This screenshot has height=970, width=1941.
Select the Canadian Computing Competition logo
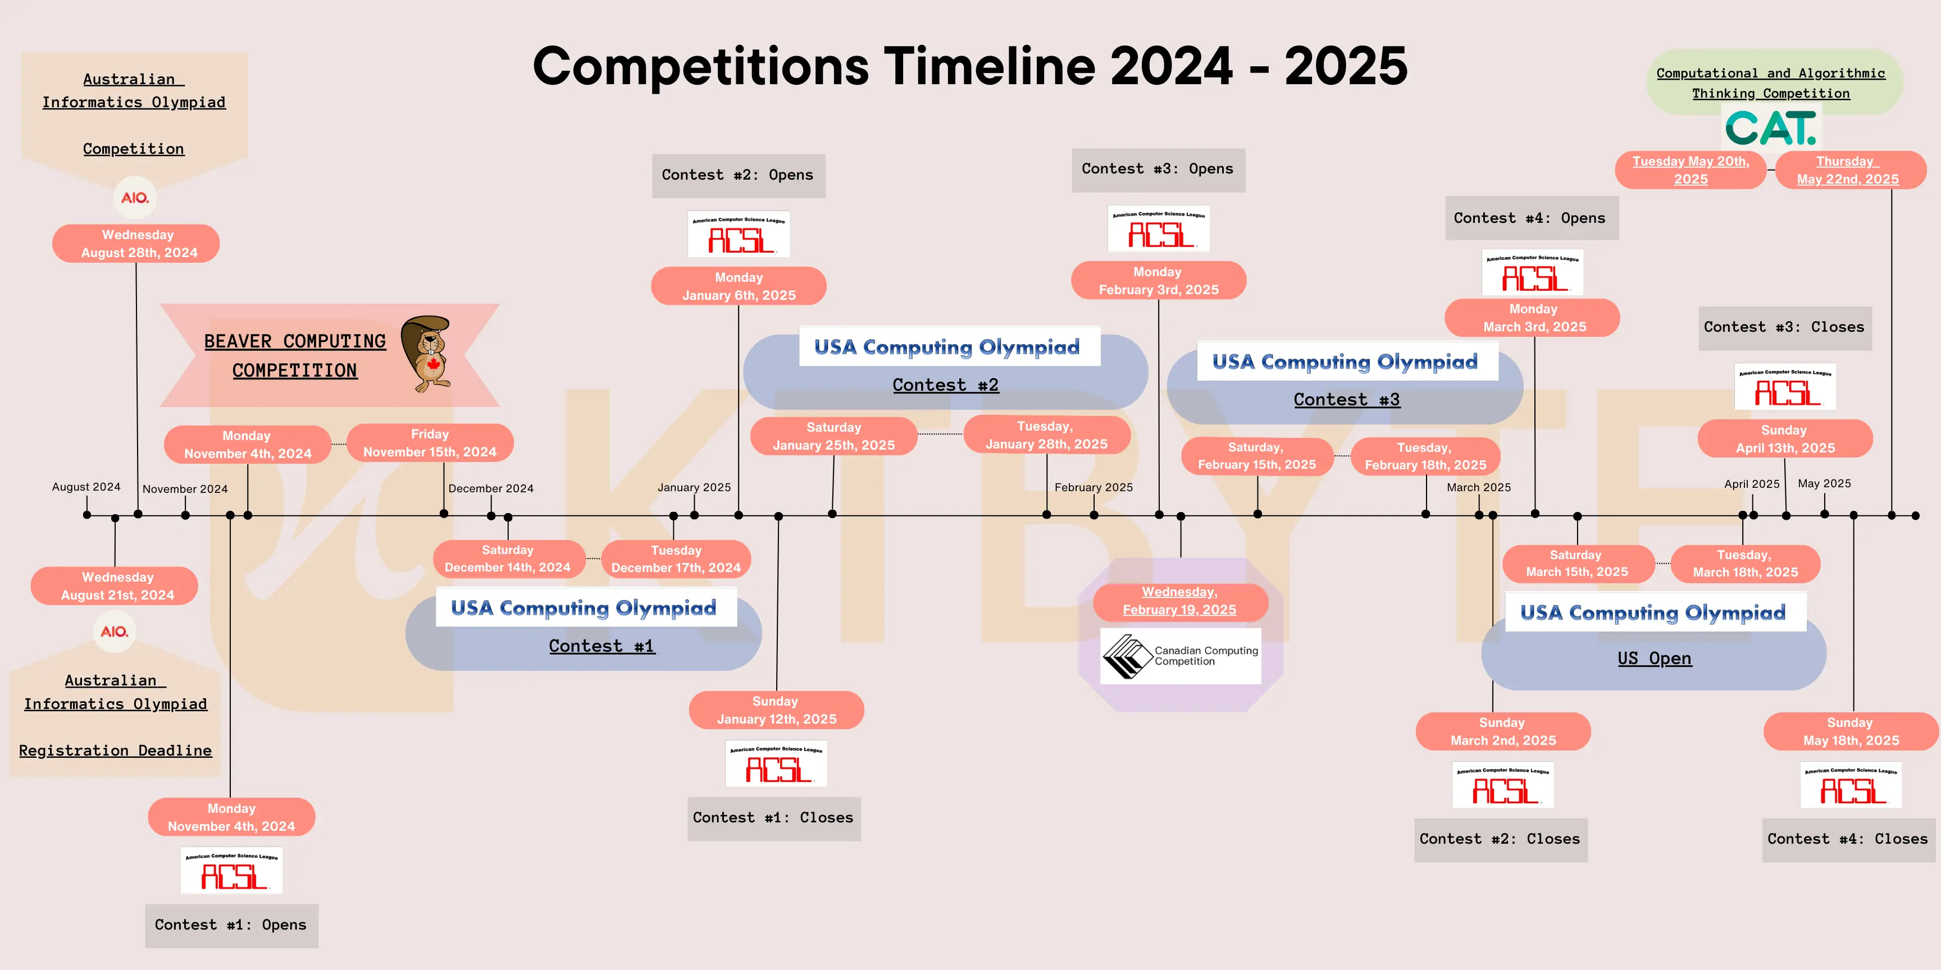[1180, 656]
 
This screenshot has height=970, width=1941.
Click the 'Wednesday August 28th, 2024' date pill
[136, 243]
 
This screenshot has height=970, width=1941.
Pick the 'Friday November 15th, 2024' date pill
[430, 443]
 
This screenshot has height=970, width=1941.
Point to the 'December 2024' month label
[490, 488]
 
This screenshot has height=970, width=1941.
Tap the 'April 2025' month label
[1751, 483]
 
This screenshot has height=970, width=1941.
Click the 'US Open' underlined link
[1654, 658]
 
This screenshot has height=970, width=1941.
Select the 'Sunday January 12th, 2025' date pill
[776, 710]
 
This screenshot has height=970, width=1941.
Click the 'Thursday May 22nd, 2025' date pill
[1848, 170]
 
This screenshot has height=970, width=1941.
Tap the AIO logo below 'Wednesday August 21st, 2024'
[115, 631]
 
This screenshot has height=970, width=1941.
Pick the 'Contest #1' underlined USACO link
[602, 646]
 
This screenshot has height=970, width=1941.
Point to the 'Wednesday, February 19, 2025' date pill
[1179, 601]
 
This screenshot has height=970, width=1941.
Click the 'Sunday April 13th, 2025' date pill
[1784, 439]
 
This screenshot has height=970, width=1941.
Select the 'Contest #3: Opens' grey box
[1158, 170]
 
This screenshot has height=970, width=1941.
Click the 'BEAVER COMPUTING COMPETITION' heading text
[295, 355]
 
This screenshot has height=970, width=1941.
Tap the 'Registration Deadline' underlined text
[115, 750]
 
